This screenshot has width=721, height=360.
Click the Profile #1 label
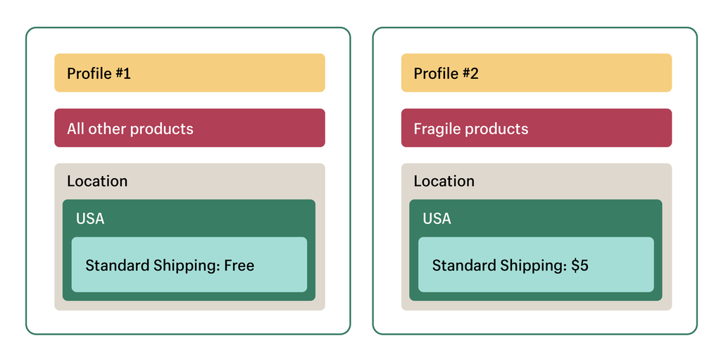(x=99, y=74)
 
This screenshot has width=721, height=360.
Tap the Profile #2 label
(x=446, y=74)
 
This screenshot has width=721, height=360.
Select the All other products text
(x=130, y=129)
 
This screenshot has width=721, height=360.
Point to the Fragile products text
(x=471, y=129)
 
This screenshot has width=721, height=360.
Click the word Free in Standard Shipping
(x=239, y=266)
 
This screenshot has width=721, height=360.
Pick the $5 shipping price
(x=580, y=266)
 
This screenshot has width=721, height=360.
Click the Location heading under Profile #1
(x=97, y=181)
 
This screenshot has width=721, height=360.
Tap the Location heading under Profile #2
(x=444, y=181)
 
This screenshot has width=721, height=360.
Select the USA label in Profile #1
(x=90, y=218)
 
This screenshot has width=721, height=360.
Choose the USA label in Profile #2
(x=437, y=218)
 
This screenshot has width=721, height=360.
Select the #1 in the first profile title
(x=123, y=74)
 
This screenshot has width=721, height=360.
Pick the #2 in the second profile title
(x=470, y=74)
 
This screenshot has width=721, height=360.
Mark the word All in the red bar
(x=75, y=129)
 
